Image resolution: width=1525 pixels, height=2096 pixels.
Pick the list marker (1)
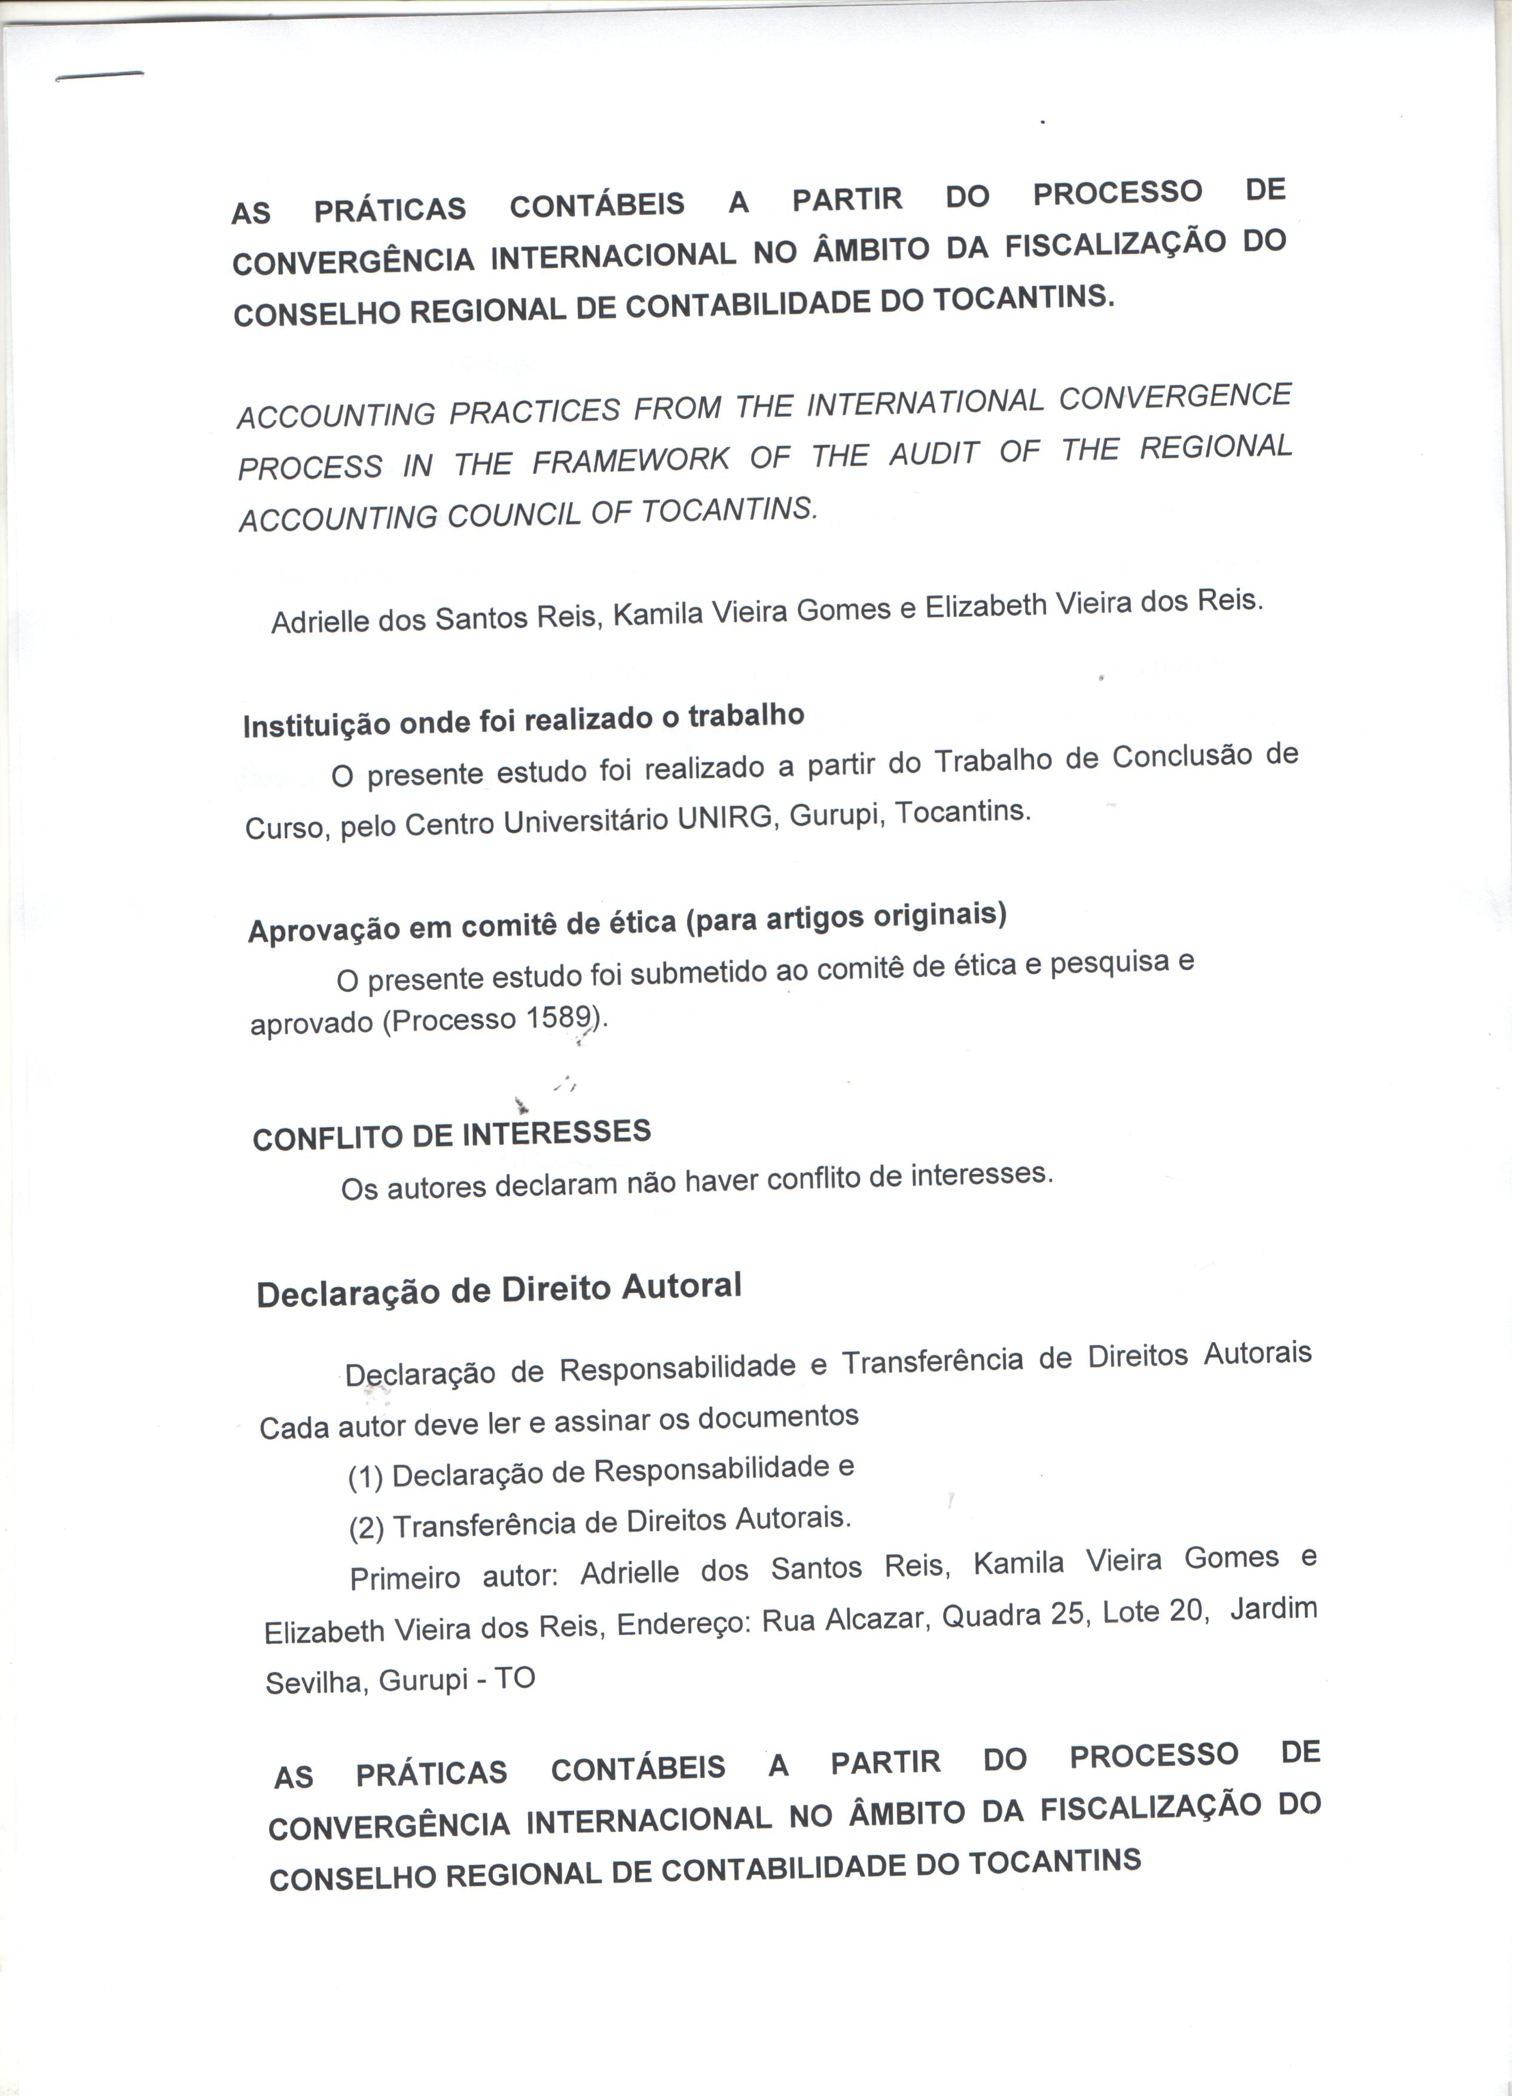(366, 1478)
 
